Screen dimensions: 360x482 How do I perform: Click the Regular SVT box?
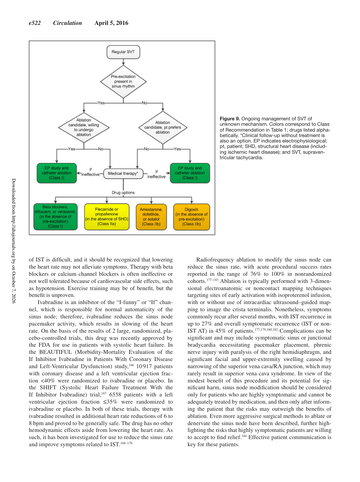click(x=123, y=52)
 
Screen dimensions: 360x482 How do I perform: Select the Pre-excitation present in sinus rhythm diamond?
click(x=123, y=82)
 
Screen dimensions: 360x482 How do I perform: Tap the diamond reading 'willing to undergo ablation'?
click(x=84, y=127)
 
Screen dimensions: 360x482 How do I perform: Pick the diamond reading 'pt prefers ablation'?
click(x=163, y=127)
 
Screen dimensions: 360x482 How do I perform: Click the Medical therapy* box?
click(x=123, y=174)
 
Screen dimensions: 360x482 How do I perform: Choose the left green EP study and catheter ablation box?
click(x=57, y=173)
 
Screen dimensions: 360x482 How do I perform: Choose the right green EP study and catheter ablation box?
click(x=190, y=173)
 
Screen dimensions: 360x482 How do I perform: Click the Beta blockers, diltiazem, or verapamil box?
click(x=56, y=217)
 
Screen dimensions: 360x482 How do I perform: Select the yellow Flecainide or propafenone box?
click(x=107, y=217)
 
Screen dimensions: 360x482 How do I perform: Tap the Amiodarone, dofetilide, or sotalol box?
click(x=151, y=217)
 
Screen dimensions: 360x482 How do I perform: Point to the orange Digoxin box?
click(x=191, y=217)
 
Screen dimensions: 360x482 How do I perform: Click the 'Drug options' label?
click(x=123, y=193)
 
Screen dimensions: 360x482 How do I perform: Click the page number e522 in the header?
click(x=35, y=23)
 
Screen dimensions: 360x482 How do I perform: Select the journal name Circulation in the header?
click(x=67, y=23)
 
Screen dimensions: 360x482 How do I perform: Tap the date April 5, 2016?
click(x=111, y=23)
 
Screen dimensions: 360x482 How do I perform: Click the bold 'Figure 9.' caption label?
click(x=230, y=119)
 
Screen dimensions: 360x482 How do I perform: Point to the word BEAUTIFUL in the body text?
click(x=56, y=352)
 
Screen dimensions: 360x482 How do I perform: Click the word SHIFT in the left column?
click(x=48, y=387)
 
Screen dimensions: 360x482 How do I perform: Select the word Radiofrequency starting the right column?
click(x=215, y=260)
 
